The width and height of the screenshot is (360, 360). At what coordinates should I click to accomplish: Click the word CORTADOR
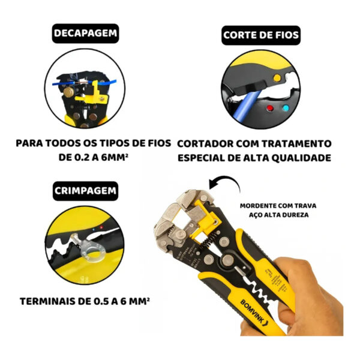(208, 143)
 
